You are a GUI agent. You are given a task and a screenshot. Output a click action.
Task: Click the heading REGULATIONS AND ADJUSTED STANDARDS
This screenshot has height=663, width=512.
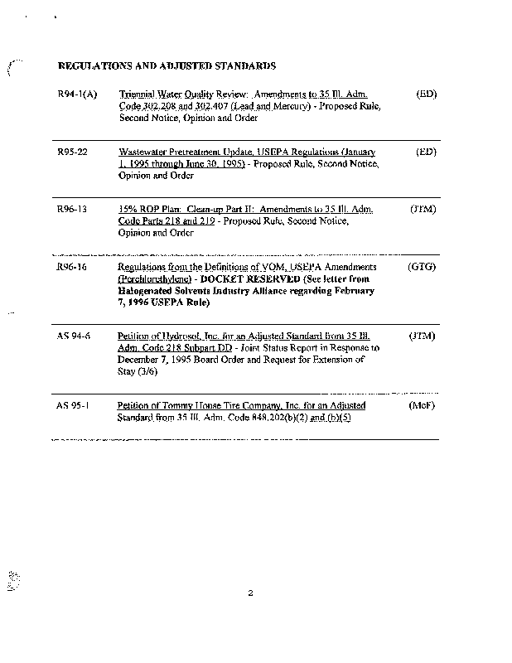tap(167, 65)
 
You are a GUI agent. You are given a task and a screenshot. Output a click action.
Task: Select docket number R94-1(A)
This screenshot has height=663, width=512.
tap(78, 95)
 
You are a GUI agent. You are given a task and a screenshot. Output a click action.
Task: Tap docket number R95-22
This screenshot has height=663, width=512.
tap(73, 153)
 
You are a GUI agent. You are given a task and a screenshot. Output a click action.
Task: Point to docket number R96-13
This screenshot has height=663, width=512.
tap(73, 211)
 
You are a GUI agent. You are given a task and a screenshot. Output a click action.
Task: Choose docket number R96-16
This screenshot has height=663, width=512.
tap(73, 268)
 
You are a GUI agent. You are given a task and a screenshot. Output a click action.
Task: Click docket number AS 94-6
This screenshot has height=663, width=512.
tap(74, 337)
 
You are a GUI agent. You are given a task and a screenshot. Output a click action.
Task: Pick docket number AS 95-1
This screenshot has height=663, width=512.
tap(74, 406)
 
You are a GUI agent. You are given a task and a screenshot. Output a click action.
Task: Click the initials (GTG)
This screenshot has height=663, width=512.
tap(422, 268)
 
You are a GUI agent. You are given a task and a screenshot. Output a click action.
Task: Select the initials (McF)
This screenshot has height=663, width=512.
tap(423, 406)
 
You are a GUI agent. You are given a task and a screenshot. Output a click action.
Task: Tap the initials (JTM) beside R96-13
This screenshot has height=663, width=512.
tap(423, 211)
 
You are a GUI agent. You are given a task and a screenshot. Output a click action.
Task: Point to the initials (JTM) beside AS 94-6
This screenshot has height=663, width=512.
tap(423, 337)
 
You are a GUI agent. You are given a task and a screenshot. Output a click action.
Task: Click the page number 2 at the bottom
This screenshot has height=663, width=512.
tap(249, 593)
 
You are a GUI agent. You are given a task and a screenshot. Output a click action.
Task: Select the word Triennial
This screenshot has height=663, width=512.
tap(139, 95)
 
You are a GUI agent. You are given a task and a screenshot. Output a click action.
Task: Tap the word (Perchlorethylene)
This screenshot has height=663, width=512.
tap(154, 280)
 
